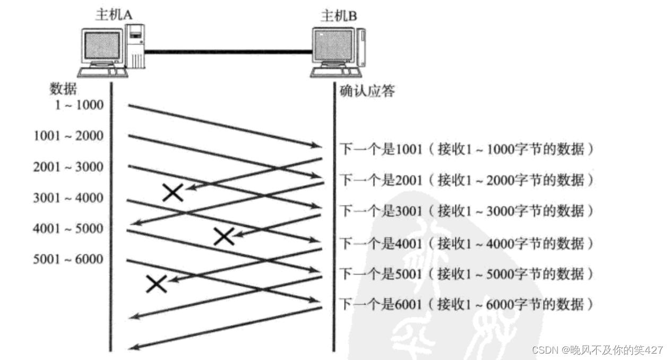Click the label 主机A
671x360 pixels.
click(x=113, y=15)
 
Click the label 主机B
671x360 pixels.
click(x=339, y=15)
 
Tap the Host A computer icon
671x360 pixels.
click(x=112, y=50)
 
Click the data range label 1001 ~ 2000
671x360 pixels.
click(x=68, y=136)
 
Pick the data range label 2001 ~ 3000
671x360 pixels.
click(x=68, y=167)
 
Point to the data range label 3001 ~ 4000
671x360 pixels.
click(x=68, y=198)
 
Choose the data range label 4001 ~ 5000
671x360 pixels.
click(x=68, y=229)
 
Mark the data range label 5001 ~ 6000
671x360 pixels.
click(x=68, y=260)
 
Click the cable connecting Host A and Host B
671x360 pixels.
click(x=228, y=52)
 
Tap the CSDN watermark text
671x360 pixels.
click(x=597, y=350)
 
